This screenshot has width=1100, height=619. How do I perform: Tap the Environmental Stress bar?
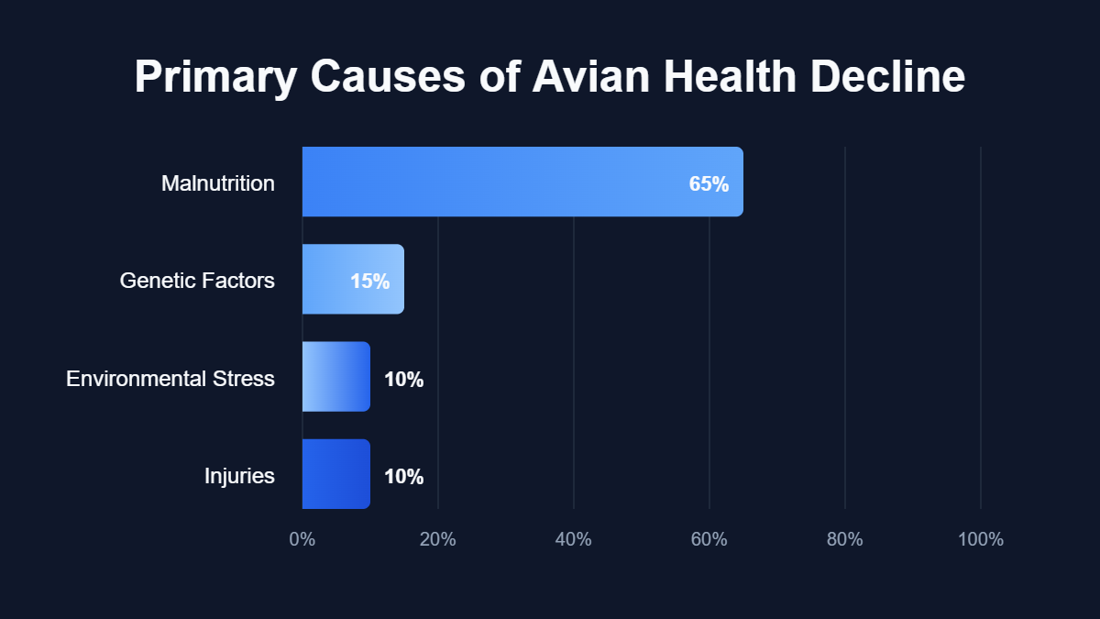pyautogui.click(x=335, y=377)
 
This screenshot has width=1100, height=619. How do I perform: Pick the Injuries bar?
pyautogui.click(x=335, y=474)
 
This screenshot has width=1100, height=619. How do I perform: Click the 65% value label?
pyautogui.click(x=709, y=183)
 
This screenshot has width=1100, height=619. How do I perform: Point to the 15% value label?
pyautogui.click(x=370, y=282)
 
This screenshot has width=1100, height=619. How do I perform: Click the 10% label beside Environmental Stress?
pyautogui.click(x=403, y=379)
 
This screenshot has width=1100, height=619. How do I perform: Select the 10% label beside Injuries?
pyautogui.click(x=403, y=476)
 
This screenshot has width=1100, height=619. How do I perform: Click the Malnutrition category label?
pyautogui.click(x=218, y=183)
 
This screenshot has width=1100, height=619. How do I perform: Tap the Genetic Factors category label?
pyautogui.click(x=197, y=281)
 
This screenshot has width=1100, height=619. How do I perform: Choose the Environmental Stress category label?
pyautogui.click(x=170, y=378)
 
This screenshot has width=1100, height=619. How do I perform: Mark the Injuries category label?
pyautogui.click(x=239, y=476)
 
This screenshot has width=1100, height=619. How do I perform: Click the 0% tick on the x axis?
pyautogui.click(x=302, y=539)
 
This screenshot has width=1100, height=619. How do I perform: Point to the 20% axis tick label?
pyautogui.click(x=438, y=539)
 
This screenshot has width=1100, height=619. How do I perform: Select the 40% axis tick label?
pyautogui.click(x=574, y=539)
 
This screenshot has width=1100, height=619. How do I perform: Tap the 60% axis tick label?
pyautogui.click(x=709, y=539)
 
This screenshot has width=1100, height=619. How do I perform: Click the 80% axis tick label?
pyautogui.click(x=845, y=539)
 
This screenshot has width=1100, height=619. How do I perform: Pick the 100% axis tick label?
pyautogui.click(x=981, y=539)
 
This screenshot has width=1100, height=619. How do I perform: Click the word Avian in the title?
pyautogui.click(x=592, y=77)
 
